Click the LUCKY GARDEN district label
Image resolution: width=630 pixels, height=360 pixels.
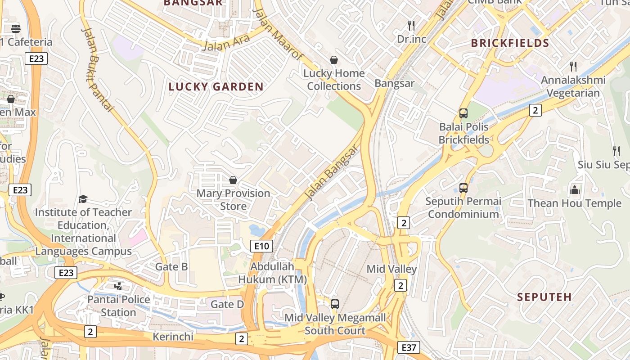click(x=216, y=87)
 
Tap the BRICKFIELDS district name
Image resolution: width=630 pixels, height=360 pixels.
click(x=510, y=43)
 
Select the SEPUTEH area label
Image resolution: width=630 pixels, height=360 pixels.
click(x=544, y=297)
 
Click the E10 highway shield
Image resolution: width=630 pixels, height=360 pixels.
click(x=261, y=246)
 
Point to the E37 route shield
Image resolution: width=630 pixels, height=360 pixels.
click(x=409, y=347)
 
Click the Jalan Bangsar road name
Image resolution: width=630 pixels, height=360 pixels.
click(x=332, y=172)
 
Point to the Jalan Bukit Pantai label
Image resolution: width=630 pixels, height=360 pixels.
click(x=98, y=70)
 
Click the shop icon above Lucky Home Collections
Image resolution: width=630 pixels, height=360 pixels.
click(x=334, y=60)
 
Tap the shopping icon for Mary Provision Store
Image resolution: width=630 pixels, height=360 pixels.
click(x=233, y=180)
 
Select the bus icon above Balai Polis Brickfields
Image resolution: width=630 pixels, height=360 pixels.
click(x=463, y=113)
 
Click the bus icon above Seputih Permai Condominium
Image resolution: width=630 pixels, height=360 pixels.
click(x=463, y=188)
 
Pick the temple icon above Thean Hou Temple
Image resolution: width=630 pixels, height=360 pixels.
click(x=575, y=190)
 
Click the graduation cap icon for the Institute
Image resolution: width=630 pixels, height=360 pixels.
click(x=83, y=199)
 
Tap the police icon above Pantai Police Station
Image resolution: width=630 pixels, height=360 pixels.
click(x=118, y=286)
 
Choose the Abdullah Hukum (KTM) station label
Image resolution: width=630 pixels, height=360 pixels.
click(x=272, y=273)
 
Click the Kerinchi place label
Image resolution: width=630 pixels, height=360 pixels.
click(x=173, y=337)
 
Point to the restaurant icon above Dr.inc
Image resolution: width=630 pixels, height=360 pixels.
click(x=411, y=25)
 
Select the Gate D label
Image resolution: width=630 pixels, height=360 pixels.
click(x=227, y=305)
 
